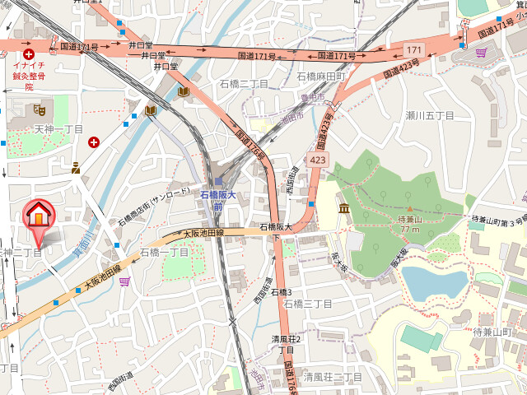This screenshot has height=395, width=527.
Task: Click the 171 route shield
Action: tap(413, 51)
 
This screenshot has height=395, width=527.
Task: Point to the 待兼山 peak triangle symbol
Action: tap(409, 209)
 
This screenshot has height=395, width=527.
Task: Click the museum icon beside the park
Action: tap(343, 206)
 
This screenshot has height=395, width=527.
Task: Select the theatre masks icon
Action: tap(39, 108)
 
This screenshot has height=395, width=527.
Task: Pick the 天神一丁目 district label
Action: tap(58, 129)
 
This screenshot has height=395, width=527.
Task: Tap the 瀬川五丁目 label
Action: tap(429, 115)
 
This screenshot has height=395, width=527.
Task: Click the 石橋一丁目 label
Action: tap(164, 252)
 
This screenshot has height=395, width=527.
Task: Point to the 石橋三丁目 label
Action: tap(307, 304)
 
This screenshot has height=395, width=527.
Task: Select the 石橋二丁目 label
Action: tap(244, 84)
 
